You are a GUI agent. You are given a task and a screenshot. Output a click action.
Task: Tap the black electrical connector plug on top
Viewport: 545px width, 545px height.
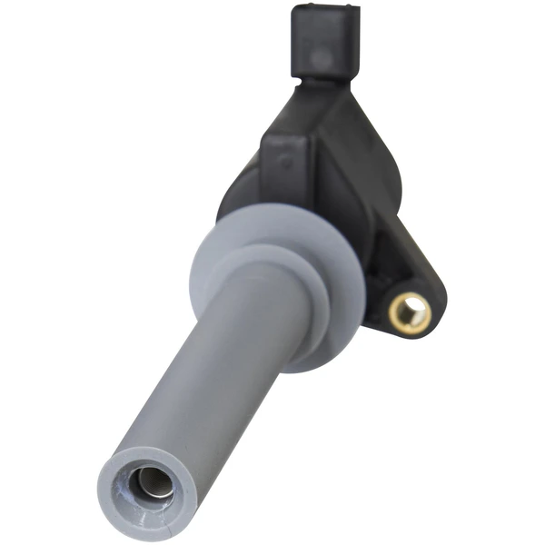pos(324,41)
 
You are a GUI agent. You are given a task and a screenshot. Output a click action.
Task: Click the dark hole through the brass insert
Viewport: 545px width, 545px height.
pos(411,314)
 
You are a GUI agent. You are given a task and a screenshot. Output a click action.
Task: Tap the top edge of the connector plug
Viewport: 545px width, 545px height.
pos(325,9)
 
